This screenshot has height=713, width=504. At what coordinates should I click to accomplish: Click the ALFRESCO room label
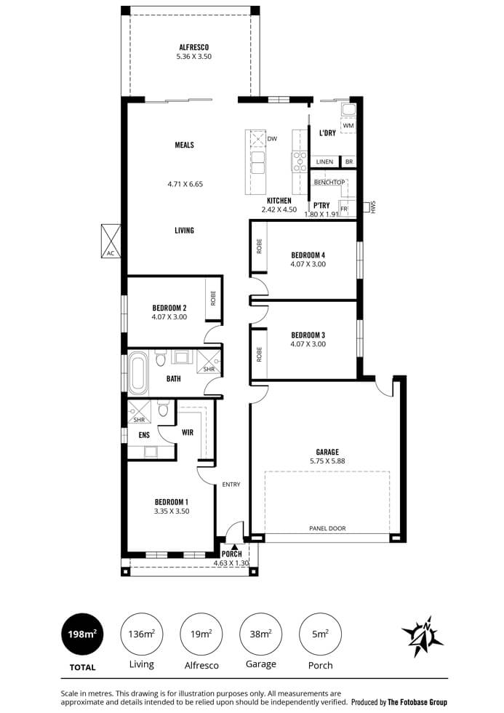click(x=194, y=47)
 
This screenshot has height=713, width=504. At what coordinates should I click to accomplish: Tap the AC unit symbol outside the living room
click(x=111, y=241)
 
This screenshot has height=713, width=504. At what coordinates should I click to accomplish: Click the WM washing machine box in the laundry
click(x=348, y=125)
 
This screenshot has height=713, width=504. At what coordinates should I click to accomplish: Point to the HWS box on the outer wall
click(x=367, y=207)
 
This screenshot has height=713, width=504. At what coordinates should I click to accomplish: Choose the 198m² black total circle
click(x=82, y=634)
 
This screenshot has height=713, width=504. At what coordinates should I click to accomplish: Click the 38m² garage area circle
click(x=261, y=634)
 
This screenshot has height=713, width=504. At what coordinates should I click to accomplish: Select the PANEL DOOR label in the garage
click(x=327, y=528)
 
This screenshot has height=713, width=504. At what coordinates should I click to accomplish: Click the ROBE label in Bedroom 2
click(x=212, y=298)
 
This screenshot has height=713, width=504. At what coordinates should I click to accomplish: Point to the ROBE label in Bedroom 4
click(x=260, y=246)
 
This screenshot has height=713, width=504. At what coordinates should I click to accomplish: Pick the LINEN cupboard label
click(x=324, y=162)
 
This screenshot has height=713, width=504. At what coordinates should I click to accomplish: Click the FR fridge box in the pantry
click(x=344, y=209)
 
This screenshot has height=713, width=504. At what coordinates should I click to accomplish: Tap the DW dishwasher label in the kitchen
click(x=272, y=139)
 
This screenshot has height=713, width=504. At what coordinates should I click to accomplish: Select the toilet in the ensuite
click(x=163, y=408)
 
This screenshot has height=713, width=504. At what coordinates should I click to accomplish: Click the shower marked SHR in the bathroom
click(x=209, y=362)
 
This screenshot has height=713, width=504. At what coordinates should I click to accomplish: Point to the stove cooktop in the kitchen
click(x=300, y=162)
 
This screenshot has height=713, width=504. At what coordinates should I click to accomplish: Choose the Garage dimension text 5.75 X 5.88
click(x=327, y=461)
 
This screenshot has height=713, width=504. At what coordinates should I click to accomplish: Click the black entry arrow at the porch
click(x=233, y=547)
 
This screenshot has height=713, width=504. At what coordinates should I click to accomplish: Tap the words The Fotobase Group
click(x=417, y=702)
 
